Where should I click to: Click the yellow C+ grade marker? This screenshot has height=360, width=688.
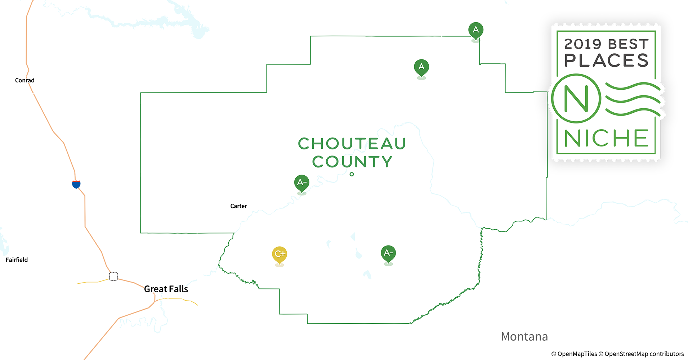(x=280, y=254)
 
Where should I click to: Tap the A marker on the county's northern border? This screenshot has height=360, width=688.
(x=475, y=30)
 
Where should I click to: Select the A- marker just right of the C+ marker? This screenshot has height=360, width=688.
(x=388, y=253)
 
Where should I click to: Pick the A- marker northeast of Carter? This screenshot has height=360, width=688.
(x=301, y=183)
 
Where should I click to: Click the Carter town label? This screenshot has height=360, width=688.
(x=238, y=206)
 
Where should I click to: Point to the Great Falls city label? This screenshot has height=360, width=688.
(x=166, y=289)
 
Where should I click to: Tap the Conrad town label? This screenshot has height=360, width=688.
(x=25, y=80)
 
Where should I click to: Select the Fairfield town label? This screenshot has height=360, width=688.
(x=17, y=260)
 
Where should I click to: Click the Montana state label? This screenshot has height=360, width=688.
(x=524, y=337)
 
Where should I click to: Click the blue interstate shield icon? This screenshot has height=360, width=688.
(x=76, y=184)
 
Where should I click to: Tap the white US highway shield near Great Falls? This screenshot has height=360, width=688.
(x=113, y=276)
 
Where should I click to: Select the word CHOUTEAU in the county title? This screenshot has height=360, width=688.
(x=352, y=144)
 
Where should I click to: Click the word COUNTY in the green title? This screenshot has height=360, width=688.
(x=352, y=162)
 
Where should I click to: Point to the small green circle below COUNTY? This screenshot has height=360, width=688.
(x=352, y=174)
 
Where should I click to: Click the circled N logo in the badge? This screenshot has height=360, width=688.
(x=576, y=98)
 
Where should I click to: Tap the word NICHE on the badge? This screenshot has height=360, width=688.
(x=606, y=138)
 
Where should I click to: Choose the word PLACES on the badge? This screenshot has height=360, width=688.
(x=606, y=60)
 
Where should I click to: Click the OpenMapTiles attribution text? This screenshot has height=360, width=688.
(x=574, y=354)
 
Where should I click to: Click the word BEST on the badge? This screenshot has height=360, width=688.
(x=628, y=44)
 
